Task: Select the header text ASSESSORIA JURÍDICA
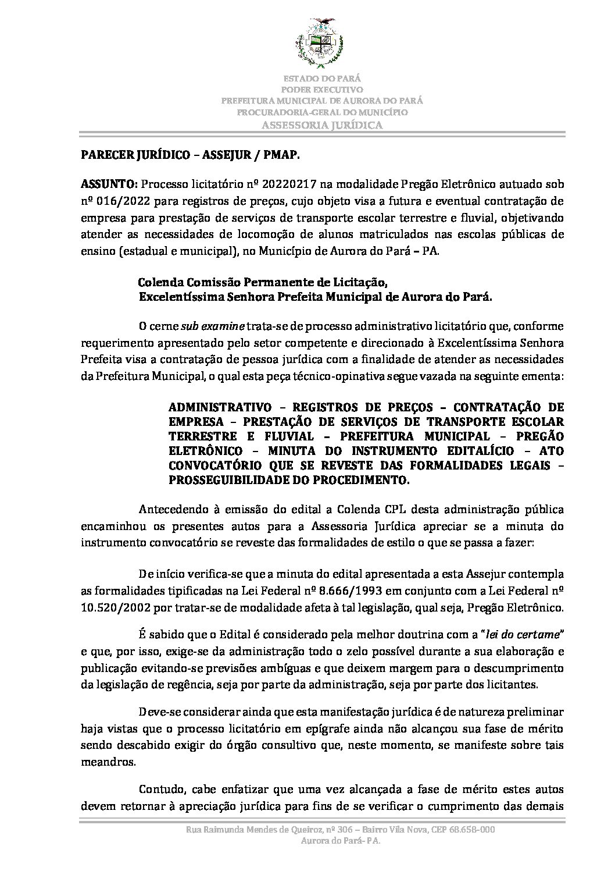[x=322, y=125]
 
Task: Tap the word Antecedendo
[x=174, y=510]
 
